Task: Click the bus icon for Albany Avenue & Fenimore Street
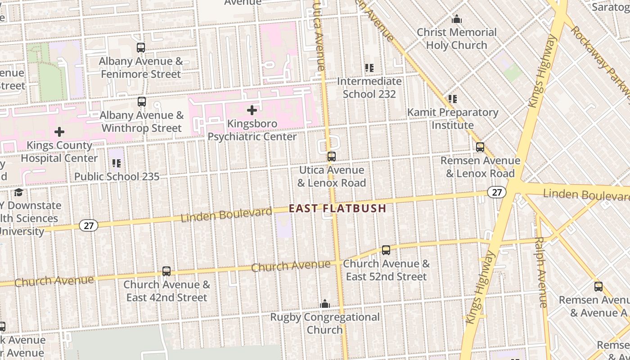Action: (x=141, y=48)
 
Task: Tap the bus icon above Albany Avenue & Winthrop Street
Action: (x=142, y=102)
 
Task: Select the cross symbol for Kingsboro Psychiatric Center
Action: (x=252, y=110)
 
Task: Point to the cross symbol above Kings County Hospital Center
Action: (x=59, y=132)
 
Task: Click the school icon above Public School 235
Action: (x=117, y=163)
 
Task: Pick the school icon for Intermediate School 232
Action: (x=369, y=68)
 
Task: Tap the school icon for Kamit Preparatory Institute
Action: (x=453, y=99)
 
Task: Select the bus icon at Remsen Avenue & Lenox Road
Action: (x=480, y=147)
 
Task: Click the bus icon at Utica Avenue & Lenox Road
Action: (x=332, y=157)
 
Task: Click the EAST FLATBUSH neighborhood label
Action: (x=337, y=208)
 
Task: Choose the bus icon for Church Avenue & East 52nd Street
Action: (x=386, y=250)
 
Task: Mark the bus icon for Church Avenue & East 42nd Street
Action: (x=166, y=271)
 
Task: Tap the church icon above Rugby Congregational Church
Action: (x=325, y=304)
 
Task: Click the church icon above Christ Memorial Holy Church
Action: (x=457, y=19)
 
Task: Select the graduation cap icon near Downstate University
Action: (x=18, y=192)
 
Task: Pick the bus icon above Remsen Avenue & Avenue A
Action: (x=598, y=287)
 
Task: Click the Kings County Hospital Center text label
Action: (x=59, y=152)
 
